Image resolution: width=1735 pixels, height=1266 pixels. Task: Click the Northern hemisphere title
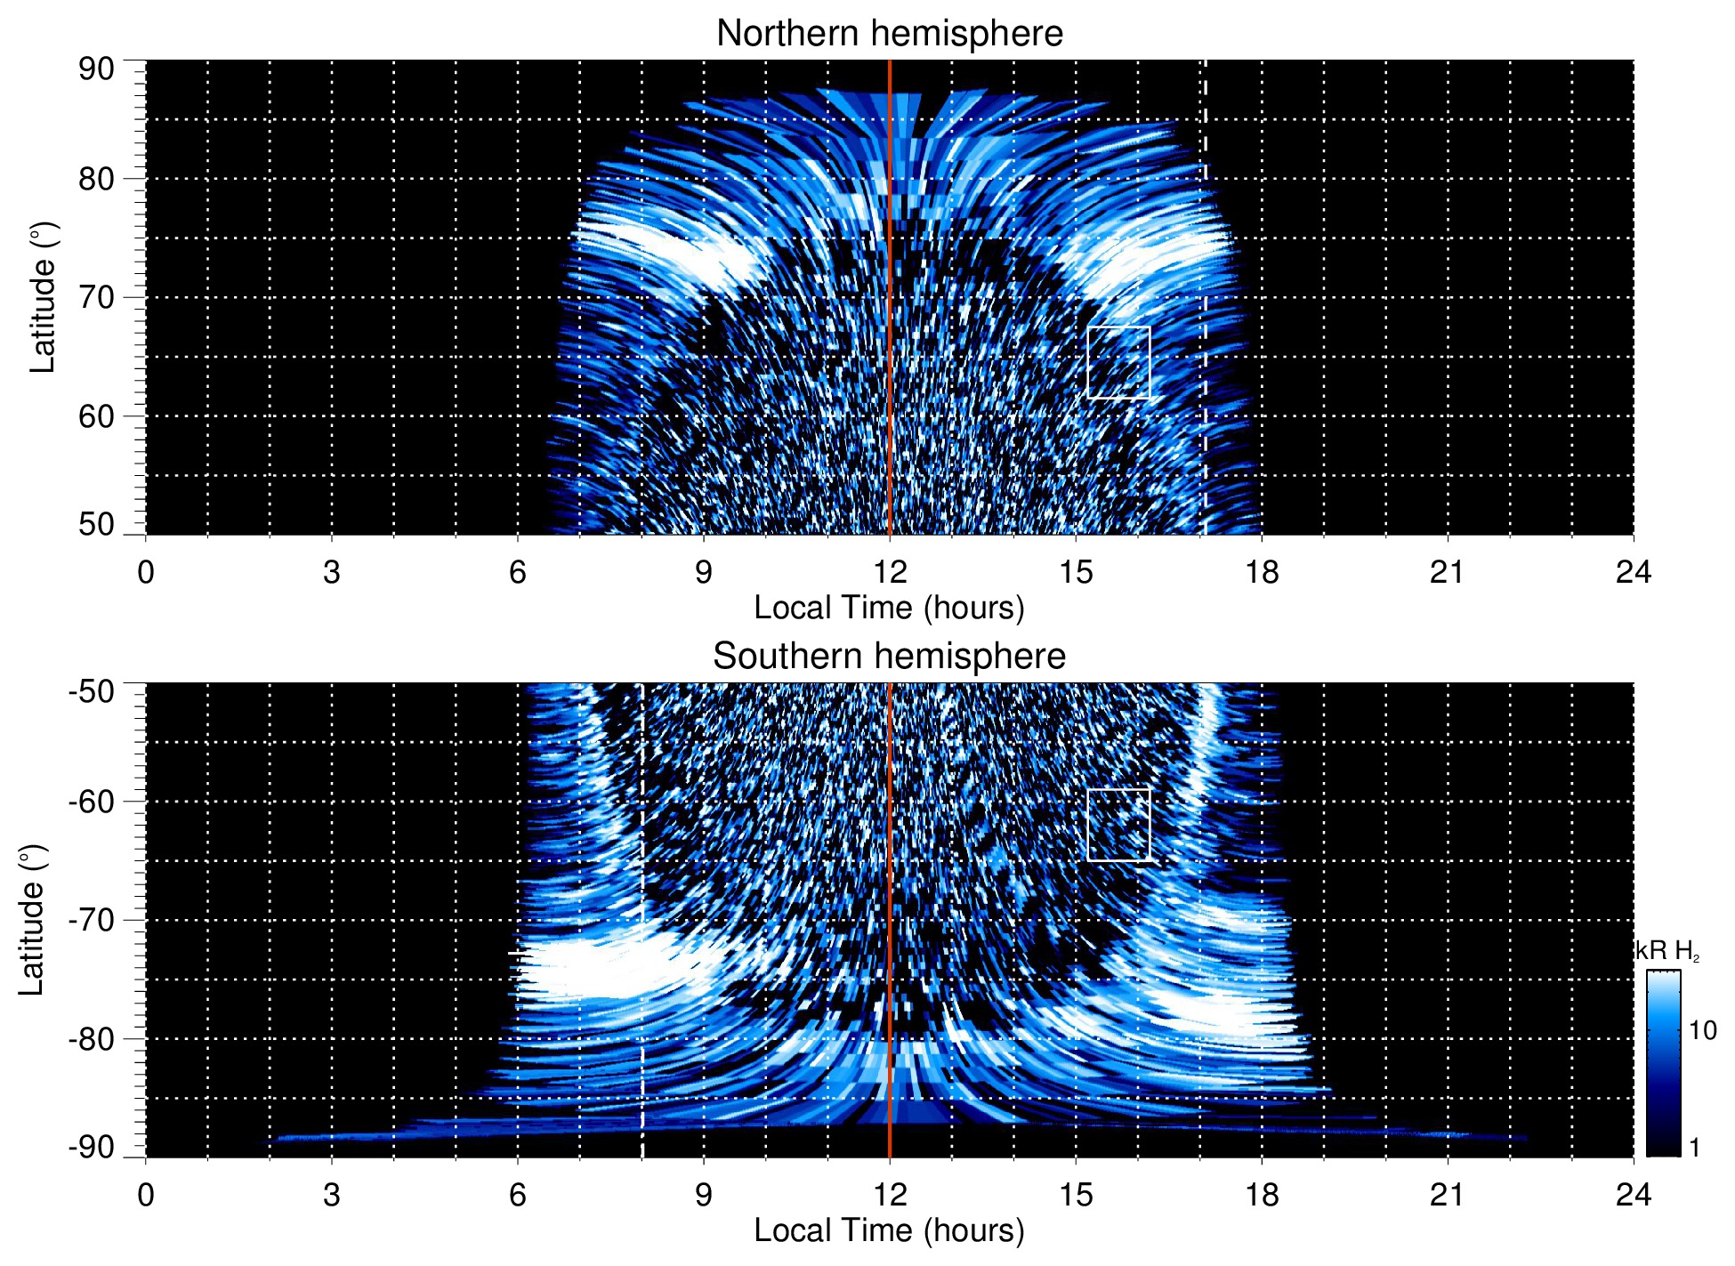tap(889, 34)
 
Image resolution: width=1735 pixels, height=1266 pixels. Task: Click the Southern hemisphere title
tap(889, 657)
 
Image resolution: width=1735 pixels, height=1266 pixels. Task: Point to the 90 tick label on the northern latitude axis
tap(96, 69)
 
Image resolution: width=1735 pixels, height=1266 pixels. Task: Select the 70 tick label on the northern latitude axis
tap(96, 297)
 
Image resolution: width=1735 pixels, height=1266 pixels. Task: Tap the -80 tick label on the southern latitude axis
tap(92, 1038)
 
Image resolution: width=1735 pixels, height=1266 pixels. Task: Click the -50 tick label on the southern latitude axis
tap(92, 691)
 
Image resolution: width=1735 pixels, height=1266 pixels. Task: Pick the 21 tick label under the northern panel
tap(1447, 572)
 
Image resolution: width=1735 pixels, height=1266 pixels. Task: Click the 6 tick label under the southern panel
tap(518, 1195)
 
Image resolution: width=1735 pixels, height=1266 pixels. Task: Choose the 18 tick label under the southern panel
tap(1262, 1195)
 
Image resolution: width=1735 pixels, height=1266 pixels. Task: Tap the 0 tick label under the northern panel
tap(146, 572)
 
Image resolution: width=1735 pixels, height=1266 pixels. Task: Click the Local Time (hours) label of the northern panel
tap(889, 608)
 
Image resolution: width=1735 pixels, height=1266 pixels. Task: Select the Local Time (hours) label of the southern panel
tap(889, 1230)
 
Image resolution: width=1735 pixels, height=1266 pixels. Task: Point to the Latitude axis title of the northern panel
tap(43, 297)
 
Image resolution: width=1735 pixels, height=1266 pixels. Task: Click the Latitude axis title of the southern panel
tap(32, 920)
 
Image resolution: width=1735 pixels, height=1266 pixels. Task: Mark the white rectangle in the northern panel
tap(1118, 362)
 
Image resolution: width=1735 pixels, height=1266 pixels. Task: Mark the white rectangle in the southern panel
tap(1118, 825)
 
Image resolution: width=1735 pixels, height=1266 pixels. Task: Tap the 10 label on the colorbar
tap(1702, 1030)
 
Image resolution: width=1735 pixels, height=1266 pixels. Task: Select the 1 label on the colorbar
tap(1694, 1148)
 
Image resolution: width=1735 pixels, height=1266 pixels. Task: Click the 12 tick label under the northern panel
tap(889, 572)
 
